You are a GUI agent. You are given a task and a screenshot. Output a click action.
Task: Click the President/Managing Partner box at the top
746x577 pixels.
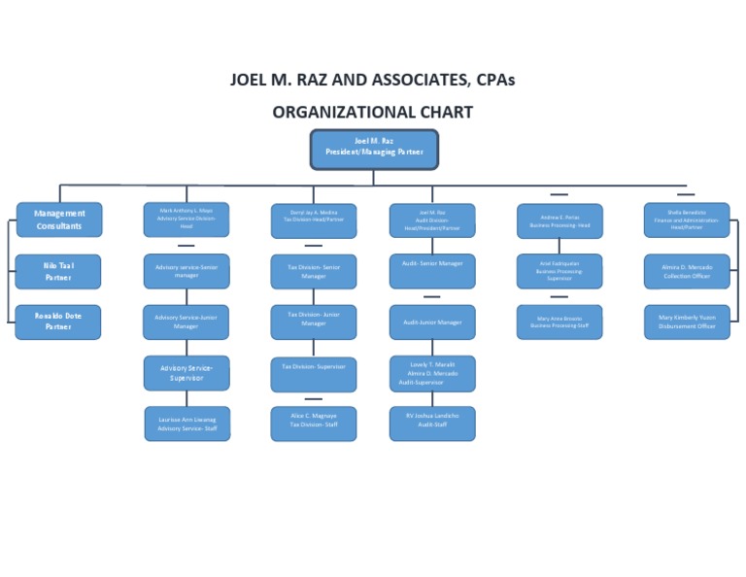(x=374, y=148)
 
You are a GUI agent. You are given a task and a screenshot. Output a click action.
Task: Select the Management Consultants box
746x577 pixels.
(x=58, y=220)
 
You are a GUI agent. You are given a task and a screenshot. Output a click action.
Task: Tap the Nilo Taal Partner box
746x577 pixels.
(x=58, y=271)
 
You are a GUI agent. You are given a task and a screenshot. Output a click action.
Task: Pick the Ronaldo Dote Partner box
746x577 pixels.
(x=58, y=322)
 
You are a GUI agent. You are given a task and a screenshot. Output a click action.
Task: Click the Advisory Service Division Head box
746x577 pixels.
(x=186, y=220)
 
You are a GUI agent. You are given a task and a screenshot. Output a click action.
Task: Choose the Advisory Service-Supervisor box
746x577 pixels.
(x=186, y=373)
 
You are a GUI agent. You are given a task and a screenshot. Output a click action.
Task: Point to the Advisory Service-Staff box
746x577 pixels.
(x=186, y=424)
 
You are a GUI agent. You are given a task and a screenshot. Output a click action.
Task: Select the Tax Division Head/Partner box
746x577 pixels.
(x=314, y=220)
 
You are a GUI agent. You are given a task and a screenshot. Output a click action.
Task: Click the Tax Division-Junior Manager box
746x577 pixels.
(x=314, y=322)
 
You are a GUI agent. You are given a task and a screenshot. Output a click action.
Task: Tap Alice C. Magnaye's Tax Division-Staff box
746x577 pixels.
(x=314, y=424)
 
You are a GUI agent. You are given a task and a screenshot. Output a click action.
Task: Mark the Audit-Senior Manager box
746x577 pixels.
(x=432, y=271)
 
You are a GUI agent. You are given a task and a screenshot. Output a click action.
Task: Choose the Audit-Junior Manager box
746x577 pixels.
(x=432, y=322)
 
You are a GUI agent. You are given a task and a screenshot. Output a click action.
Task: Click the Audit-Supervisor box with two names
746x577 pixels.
(x=432, y=373)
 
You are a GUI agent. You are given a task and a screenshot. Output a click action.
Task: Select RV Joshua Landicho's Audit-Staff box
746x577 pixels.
(x=432, y=424)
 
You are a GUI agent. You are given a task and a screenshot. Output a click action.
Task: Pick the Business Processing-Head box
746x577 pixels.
(x=559, y=220)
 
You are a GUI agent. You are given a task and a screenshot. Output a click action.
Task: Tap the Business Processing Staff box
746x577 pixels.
(x=559, y=322)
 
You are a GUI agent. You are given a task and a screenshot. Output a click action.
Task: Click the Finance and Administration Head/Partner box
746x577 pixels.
(x=687, y=220)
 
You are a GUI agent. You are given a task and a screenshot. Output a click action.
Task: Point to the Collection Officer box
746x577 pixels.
(x=687, y=271)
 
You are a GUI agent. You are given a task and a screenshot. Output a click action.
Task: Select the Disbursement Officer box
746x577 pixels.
(x=687, y=322)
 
